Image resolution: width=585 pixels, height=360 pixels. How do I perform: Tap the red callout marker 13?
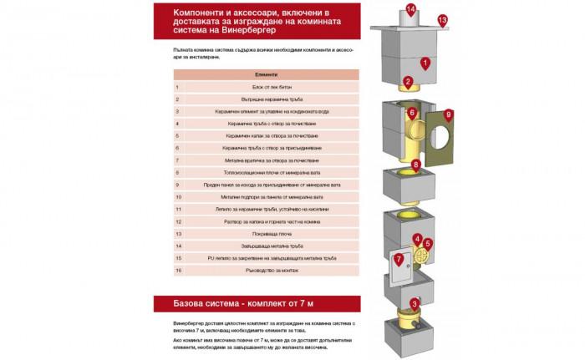click(442, 19)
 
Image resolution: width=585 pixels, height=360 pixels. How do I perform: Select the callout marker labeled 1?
click(425, 62)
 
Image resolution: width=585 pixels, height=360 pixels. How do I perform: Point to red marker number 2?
click(407, 82)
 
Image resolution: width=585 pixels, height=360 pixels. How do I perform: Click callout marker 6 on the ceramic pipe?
click(412, 112)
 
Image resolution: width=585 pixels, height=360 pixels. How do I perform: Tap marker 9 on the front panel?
click(449, 114)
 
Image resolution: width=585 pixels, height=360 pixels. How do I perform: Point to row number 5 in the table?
click(178, 134)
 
